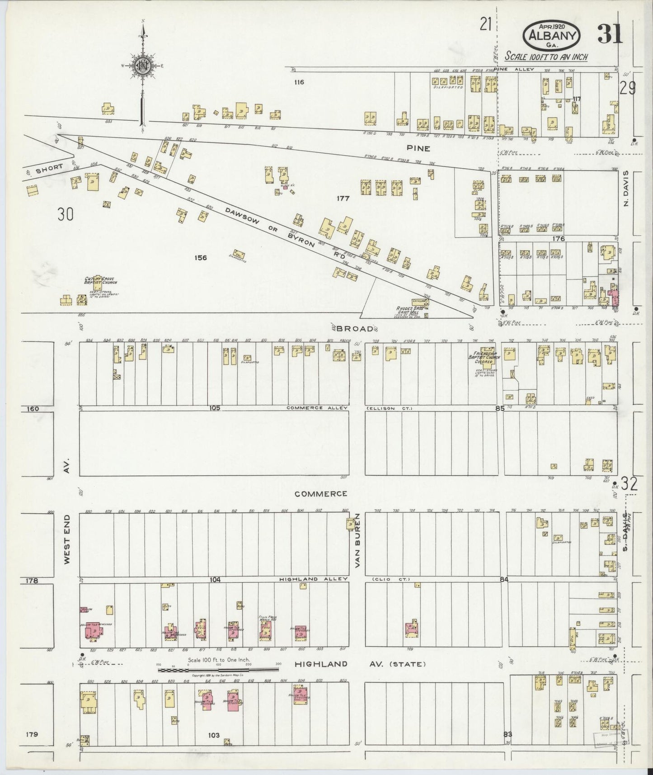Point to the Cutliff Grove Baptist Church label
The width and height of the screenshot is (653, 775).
pyautogui.click(x=100, y=281)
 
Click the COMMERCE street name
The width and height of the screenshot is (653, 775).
pyautogui.click(x=321, y=494)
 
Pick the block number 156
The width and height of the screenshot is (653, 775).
pyautogui.click(x=200, y=258)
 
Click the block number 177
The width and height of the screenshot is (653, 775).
pyautogui.click(x=343, y=198)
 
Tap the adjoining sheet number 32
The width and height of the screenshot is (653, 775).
pyautogui.click(x=629, y=484)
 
